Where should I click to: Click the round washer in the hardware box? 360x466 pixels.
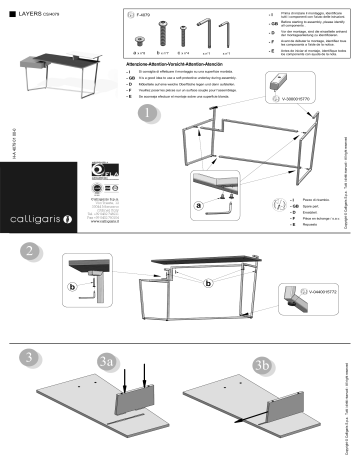pos(139,34)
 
